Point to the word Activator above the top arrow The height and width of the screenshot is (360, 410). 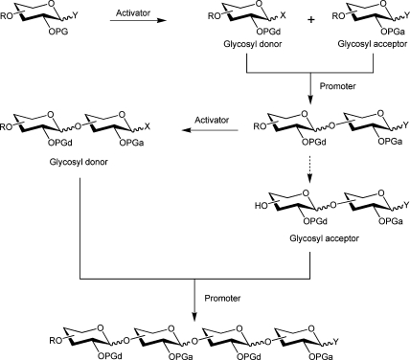(x=136, y=15)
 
